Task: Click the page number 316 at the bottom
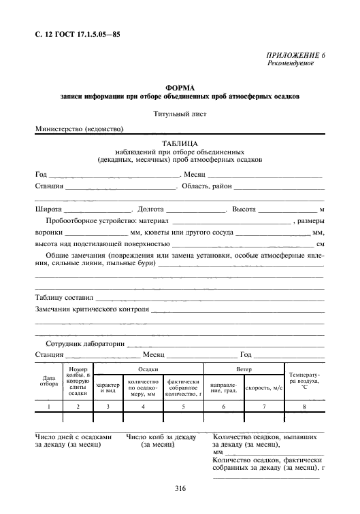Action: pyautogui.click(x=180, y=488)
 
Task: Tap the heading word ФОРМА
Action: pyautogui.click(x=180, y=88)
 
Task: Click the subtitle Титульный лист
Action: pyautogui.click(x=180, y=114)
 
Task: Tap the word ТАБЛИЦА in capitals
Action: pyautogui.click(x=180, y=143)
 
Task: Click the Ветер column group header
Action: pyautogui.click(x=244, y=368)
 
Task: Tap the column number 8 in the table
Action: pyautogui.click(x=304, y=407)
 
